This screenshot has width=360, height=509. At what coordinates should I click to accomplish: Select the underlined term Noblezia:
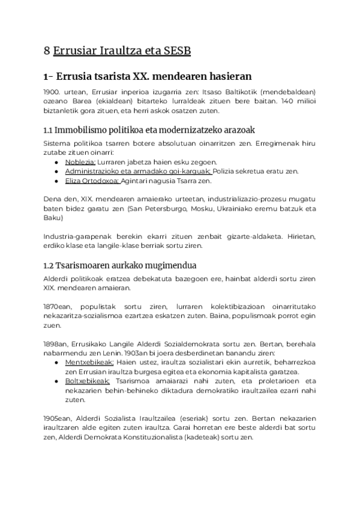[x=80, y=162]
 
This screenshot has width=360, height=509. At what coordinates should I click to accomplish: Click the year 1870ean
[x=57, y=307]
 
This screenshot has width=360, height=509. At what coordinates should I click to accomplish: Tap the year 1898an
[x=56, y=344]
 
